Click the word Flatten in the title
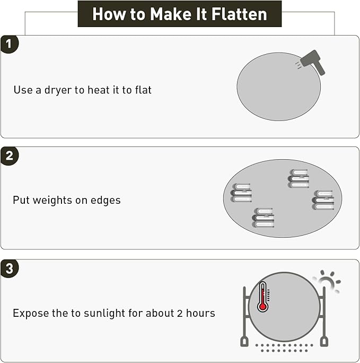tap(239, 14)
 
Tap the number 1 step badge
tap(9, 44)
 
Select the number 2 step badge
tap(9, 156)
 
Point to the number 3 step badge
tap(9, 269)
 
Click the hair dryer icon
tap(313, 62)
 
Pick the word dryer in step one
tap(58, 90)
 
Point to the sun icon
tap(328, 281)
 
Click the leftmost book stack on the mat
tap(241, 193)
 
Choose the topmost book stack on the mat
tap(298, 178)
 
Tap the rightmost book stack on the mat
tap(323, 200)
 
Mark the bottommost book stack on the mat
tap(263, 218)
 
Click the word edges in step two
tap(106, 201)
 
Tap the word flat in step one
tap(143, 90)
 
